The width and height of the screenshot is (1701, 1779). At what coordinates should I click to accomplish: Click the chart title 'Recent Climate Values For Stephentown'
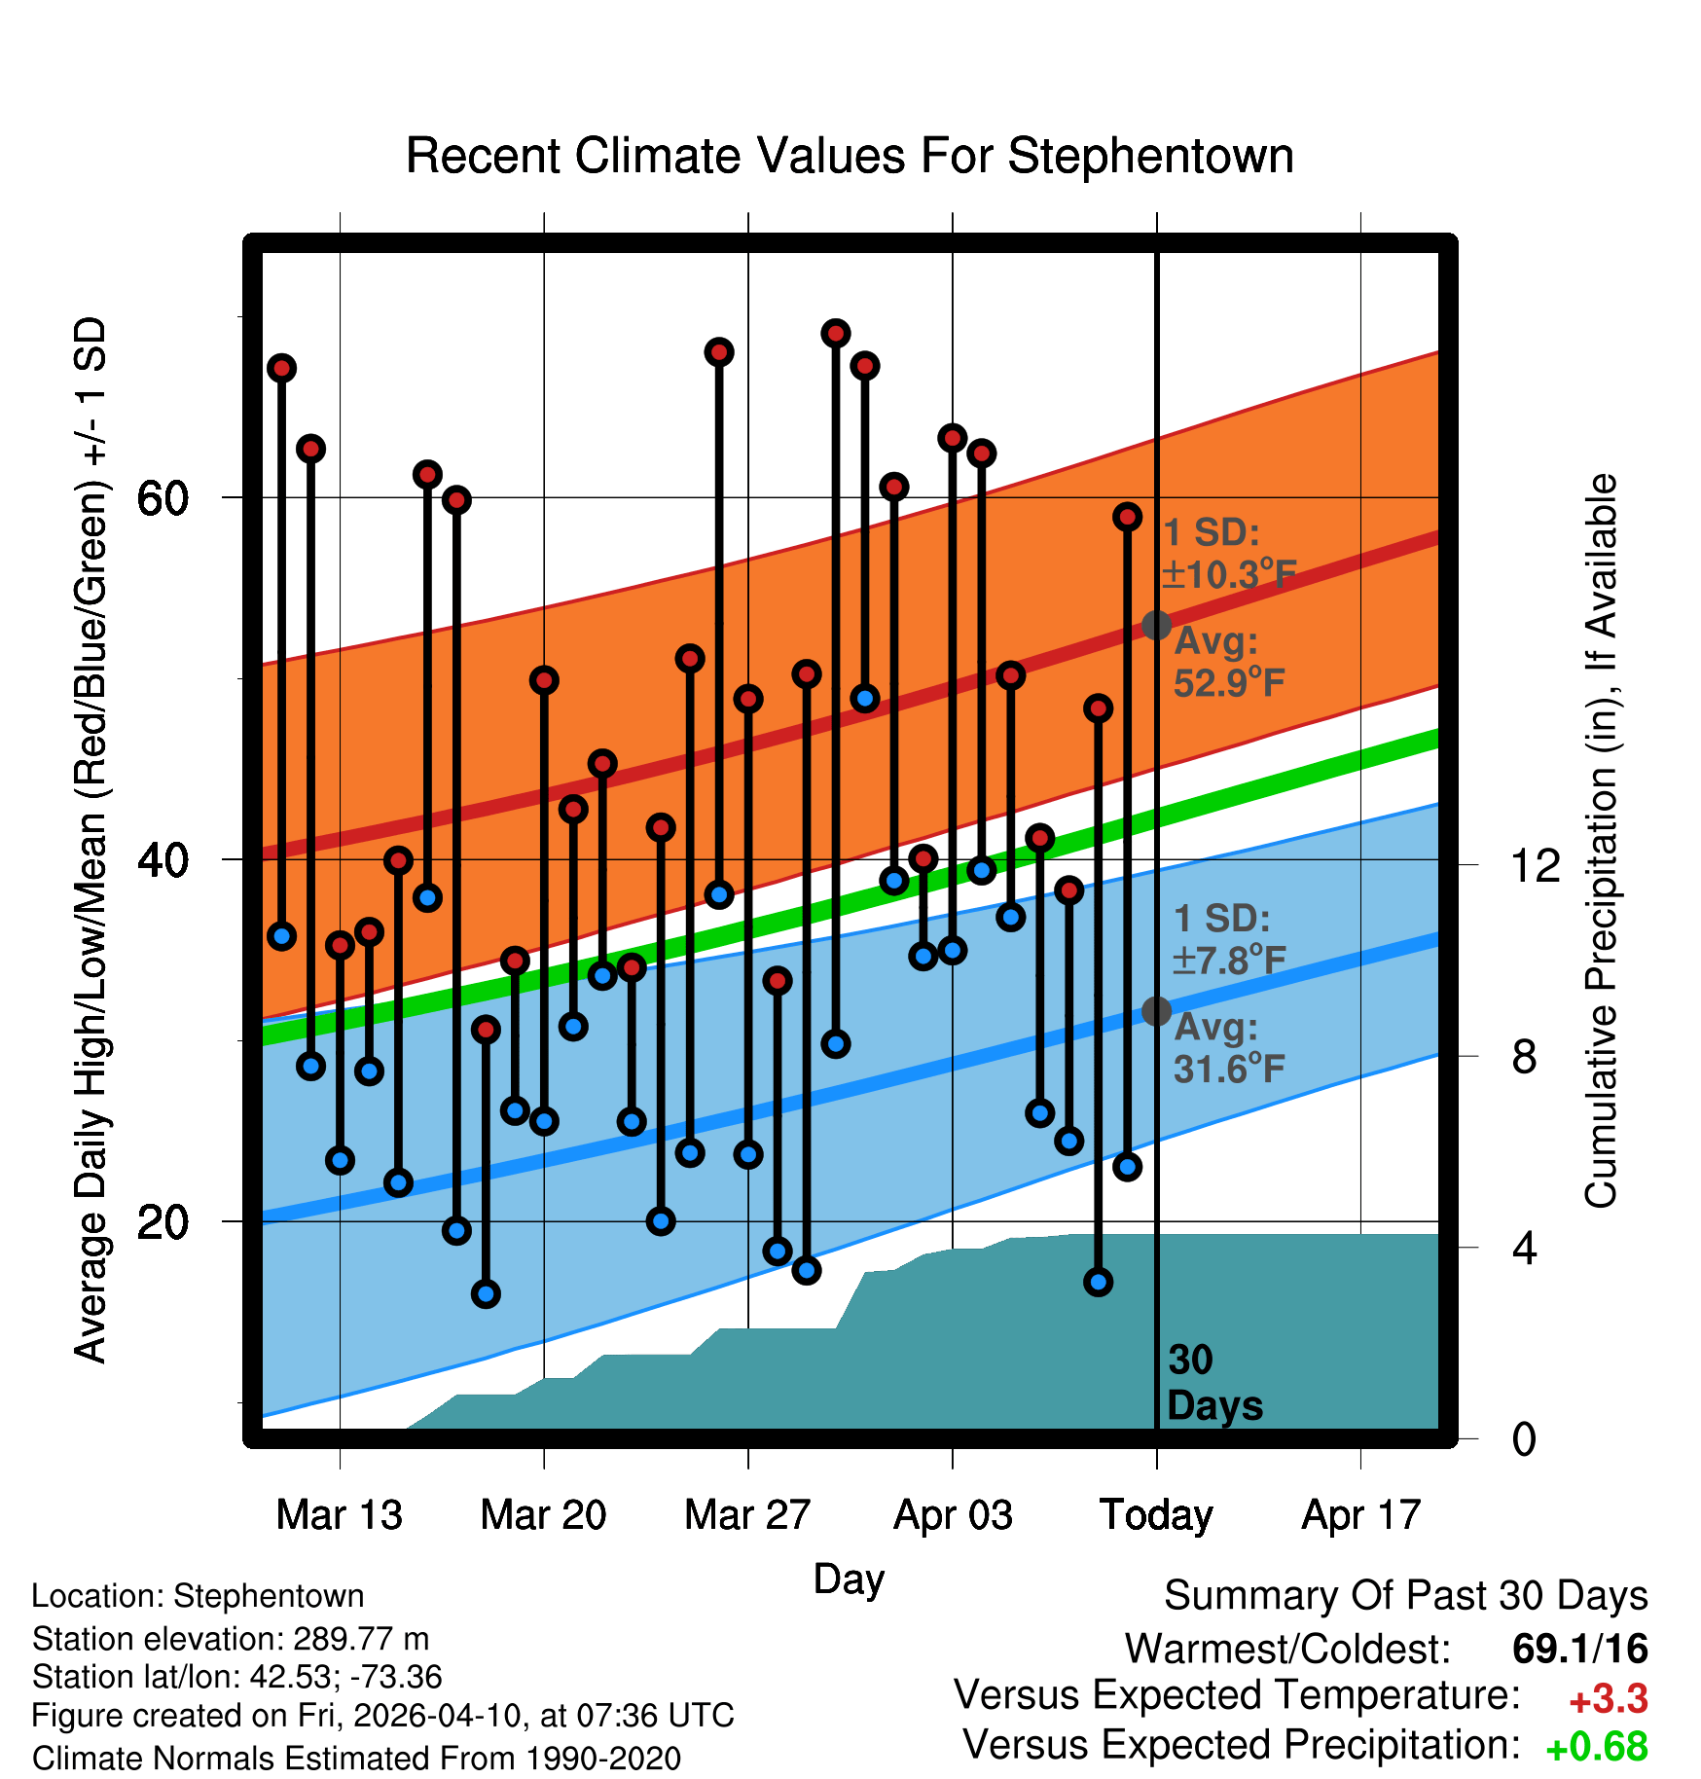click(x=850, y=157)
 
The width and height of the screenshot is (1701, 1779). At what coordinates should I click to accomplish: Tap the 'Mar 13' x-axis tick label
click(x=339, y=1514)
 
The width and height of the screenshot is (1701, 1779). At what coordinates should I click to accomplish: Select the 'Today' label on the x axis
click(x=1156, y=1514)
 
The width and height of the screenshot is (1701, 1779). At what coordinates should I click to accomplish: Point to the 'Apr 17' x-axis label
click(x=1361, y=1514)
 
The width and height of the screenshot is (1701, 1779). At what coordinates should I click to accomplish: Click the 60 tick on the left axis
click(x=163, y=498)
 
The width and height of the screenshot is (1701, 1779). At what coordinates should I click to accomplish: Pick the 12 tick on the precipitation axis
click(x=1536, y=864)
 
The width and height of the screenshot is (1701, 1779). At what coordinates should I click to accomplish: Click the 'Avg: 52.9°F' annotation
click(x=1229, y=663)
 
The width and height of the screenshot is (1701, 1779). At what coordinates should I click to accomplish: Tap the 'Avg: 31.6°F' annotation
click(x=1229, y=1048)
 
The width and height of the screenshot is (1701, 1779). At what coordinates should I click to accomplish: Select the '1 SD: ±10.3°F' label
click(x=1229, y=554)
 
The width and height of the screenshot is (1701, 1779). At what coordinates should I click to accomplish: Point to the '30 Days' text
click(x=1214, y=1383)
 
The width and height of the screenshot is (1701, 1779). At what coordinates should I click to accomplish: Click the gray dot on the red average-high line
click(x=1156, y=625)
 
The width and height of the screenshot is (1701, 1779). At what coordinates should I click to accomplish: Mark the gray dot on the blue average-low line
click(x=1156, y=1011)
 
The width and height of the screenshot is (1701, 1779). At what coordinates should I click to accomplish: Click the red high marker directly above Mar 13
click(x=340, y=945)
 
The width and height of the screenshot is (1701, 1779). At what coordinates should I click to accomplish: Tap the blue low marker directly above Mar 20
click(x=544, y=1121)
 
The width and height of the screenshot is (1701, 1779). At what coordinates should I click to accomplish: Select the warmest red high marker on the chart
click(x=835, y=334)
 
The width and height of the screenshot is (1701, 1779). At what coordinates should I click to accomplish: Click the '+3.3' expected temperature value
click(x=1608, y=1699)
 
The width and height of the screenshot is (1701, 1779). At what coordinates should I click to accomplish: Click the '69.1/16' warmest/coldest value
click(x=1579, y=1649)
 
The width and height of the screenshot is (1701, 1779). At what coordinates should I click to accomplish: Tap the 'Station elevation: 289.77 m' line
click(x=231, y=1639)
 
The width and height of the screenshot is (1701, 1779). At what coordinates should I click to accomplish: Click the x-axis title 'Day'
click(x=849, y=1579)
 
